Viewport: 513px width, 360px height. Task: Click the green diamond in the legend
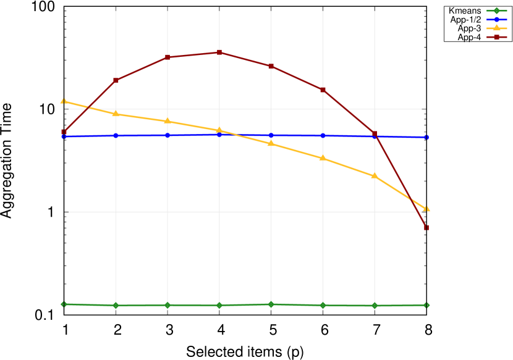coord(496,10)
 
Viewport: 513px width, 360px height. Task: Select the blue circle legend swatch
coord(496,19)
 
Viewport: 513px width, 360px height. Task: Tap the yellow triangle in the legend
coord(496,28)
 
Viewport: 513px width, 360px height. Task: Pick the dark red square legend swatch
coord(496,37)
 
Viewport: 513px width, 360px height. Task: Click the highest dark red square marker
coord(219,52)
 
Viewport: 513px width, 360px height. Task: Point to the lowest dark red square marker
coord(426,227)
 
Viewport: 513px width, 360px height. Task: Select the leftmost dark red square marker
coord(64,132)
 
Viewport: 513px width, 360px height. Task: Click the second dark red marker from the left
coord(116,80)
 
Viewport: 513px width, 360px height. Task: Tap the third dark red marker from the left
coord(167,57)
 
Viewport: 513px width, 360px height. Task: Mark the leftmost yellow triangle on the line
coord(64,101)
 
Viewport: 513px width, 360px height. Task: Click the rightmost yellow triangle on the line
coord(426,209)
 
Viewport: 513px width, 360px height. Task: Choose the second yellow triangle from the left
coord(116,114)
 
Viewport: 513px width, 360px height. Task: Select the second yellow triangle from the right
coord(375,176)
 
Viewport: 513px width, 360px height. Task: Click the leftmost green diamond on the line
coord(64,304)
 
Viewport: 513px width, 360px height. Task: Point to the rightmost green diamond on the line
coord(426,304)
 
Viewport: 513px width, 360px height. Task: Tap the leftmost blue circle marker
coord(64,136)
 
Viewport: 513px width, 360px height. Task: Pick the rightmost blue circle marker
coord(426,137)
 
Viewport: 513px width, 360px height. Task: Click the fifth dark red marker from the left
coord(271,66)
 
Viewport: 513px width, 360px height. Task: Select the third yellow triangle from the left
coord(167,121)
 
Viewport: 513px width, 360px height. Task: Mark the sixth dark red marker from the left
coord(323,90)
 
